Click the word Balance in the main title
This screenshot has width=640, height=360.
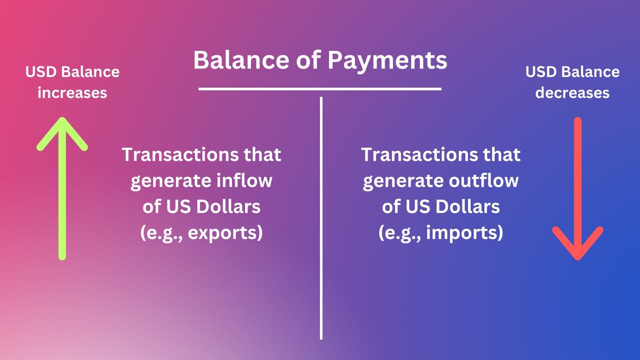[241, 60]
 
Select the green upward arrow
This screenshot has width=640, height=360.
[62, 188]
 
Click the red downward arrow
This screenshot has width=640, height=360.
[578, 188]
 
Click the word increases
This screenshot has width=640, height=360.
[72, 93]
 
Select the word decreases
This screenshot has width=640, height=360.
[572, 93]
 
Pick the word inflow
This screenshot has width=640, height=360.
[244, 181]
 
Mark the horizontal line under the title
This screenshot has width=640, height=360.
[320, 89]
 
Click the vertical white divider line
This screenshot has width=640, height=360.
[321, 218]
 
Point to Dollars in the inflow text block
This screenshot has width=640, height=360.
[228, 207]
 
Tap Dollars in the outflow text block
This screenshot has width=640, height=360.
[468, 207]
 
